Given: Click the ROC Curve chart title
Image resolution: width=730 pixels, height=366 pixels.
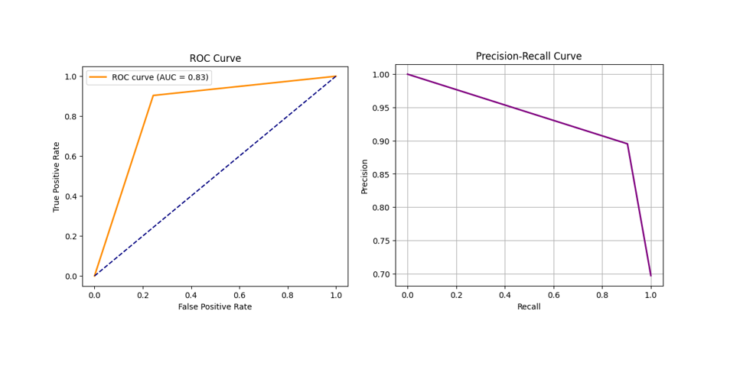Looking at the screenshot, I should point(215,59).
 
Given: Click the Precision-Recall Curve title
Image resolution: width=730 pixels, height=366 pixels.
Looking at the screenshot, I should point(528,57).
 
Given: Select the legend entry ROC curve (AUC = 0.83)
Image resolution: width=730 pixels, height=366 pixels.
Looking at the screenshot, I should point(160,77).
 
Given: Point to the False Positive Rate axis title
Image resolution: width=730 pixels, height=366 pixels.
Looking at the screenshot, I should point(215,306).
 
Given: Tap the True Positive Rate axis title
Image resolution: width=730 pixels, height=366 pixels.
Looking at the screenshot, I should point(57,176).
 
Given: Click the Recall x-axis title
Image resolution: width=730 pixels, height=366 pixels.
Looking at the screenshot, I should point(528,306).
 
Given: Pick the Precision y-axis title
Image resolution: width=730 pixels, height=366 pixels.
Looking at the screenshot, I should point(365,176).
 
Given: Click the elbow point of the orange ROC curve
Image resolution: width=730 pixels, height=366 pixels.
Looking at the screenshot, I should point(153,96).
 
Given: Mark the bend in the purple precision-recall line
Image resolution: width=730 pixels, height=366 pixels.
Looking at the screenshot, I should point(627,144).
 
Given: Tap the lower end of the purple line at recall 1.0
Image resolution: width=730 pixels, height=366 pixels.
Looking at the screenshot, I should point(650,275).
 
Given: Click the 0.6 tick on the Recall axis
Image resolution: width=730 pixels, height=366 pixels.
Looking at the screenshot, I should point(553,293).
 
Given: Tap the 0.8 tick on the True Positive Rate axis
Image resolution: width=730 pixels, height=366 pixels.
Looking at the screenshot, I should point(71,116).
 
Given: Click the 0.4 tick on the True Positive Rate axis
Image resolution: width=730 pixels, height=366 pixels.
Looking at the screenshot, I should point(71,196).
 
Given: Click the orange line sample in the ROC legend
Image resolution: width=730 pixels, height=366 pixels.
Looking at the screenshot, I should point(98,77).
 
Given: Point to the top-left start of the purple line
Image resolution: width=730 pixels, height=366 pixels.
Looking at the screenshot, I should point(408,74).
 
